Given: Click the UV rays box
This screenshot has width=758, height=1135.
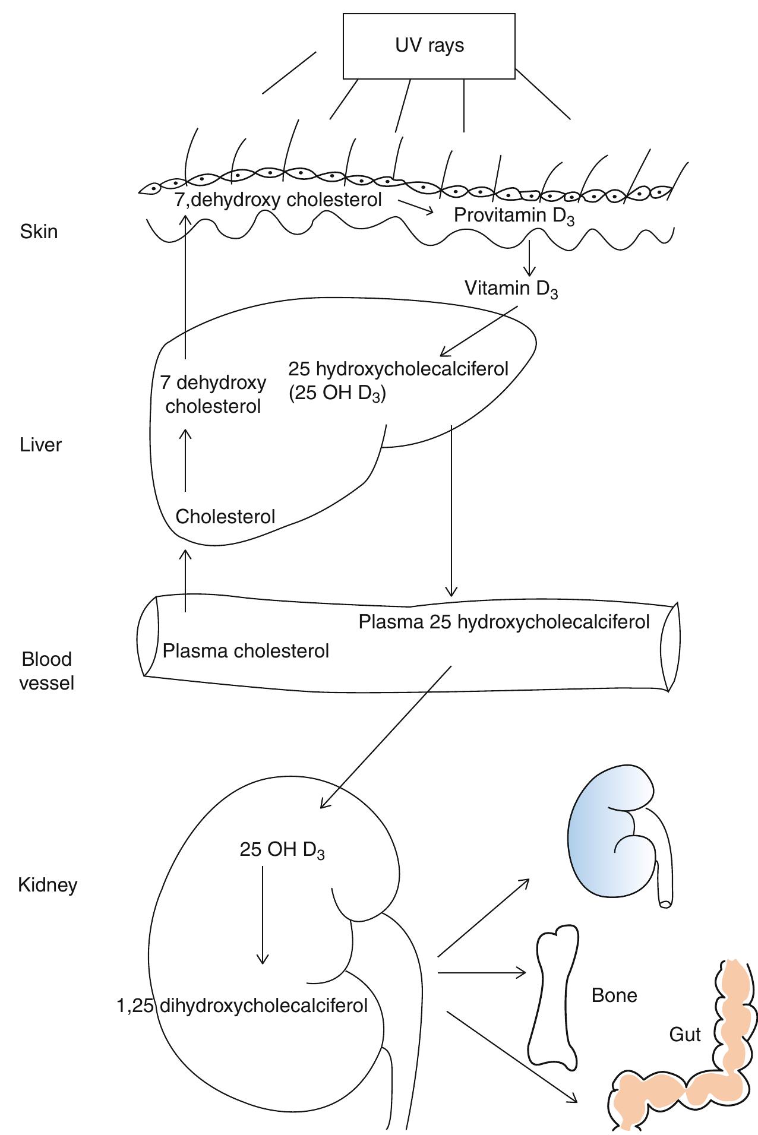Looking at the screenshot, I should coord(429,46).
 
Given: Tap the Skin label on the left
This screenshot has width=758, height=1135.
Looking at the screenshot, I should coord(39,231).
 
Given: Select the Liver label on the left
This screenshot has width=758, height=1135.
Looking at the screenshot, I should coord(40,445).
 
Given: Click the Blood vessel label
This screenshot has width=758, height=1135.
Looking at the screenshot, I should coord(46,671).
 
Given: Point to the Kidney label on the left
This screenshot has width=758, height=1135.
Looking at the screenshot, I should coord(48,885).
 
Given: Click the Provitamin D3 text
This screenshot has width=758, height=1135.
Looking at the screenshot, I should coord(514,216).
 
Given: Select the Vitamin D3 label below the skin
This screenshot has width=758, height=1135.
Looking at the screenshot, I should coord(511,289).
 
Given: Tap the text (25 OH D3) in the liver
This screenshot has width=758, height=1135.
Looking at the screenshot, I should coord(337,394).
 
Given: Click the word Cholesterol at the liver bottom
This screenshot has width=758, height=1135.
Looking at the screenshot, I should coord(225,516).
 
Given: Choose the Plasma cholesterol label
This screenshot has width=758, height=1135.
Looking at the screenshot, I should coord(245,651).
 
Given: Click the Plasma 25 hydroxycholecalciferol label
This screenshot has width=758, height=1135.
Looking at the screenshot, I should coord(504,622).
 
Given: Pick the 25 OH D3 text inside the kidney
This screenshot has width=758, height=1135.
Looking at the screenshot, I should coord(282,850).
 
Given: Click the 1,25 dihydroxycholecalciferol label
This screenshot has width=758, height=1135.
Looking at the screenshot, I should coord(242,1005).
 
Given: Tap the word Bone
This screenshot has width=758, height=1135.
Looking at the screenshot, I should coord(614,995).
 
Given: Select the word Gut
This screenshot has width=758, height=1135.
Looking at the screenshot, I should coord(684,1034).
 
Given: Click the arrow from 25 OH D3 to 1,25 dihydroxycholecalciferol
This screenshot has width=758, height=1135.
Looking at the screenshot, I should coord(262,915).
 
